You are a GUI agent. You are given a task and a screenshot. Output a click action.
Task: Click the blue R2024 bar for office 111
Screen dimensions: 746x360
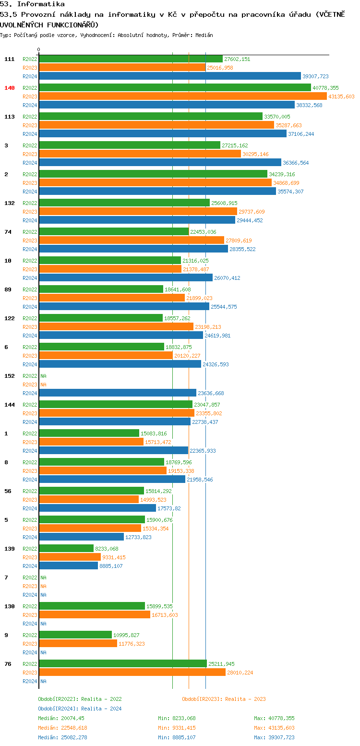pyautogui.click(x=170, y=76)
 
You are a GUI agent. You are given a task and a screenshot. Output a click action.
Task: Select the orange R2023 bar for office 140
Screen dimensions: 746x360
pyautogui.click(x=182, y=96)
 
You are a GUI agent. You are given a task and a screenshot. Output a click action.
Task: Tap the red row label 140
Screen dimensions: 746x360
pyautogui.click(x=10, y=88)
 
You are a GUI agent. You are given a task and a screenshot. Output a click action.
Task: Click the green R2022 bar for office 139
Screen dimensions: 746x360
pyautogui.click(x=66, y=548)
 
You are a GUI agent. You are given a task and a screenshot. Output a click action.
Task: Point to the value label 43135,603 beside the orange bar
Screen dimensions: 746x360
pyautogui.click(x=341, y=96)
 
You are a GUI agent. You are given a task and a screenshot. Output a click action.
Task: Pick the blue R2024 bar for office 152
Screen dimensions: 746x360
pyautogui.click(x=118, y=393)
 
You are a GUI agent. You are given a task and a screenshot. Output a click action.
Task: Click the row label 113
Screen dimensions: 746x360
pyautogui.click(x=10, y=117)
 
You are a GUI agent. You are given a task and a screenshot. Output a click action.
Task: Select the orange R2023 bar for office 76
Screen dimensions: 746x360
pyautogui.click(x=132, y=672)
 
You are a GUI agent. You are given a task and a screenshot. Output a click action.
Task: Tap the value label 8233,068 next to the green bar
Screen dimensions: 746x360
pyautogui.click(x=107, y=549)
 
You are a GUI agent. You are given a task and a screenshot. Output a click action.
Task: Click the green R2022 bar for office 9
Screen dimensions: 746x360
pyautogui.click(x=75, y=635)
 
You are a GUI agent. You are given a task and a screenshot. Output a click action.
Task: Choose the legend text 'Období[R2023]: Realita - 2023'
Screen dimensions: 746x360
pyautogui.click(x=224, y=699)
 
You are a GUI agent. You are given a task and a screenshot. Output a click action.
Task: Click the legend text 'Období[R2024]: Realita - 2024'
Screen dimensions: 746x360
pyautogui.click(x=80, y=709)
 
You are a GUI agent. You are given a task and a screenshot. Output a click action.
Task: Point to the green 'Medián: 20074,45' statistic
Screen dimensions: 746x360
pyautogui.click(x=61, y=718)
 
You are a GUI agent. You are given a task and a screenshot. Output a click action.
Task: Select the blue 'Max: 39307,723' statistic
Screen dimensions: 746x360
pyautogui.click(x=274, y=737)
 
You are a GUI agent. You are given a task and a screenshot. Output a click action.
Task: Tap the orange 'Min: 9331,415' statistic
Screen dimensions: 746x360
pyautogui.click(x=177, y=728)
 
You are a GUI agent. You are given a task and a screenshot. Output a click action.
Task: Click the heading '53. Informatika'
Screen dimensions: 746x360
pyautogui.click(x=32, y=4)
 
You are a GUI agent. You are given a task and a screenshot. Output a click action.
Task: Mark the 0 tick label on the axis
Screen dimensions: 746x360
pyautogui.click(x=39, y=49)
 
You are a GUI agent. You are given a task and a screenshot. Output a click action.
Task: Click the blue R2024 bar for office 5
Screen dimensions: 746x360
pyautogui.click(x=82, y=537)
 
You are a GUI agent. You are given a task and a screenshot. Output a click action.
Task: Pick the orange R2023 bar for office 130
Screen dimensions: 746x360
pyautogui.click(x=95, y=614)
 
